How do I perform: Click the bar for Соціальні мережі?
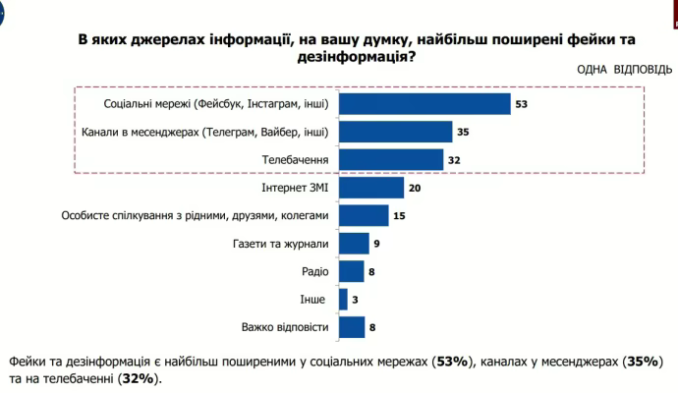point(424,103)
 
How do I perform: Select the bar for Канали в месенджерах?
point(394,131)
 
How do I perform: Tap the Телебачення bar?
point(390,159)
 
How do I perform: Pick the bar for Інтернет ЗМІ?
point(370,188)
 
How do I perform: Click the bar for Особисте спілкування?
point(363,215)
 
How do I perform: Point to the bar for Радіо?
point(351,271)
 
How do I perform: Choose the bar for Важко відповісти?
point(351,327)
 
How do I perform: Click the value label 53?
point(522,103)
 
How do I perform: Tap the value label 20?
point(416,188)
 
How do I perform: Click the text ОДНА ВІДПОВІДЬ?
point(625,71)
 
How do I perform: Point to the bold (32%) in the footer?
point(139,378)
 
